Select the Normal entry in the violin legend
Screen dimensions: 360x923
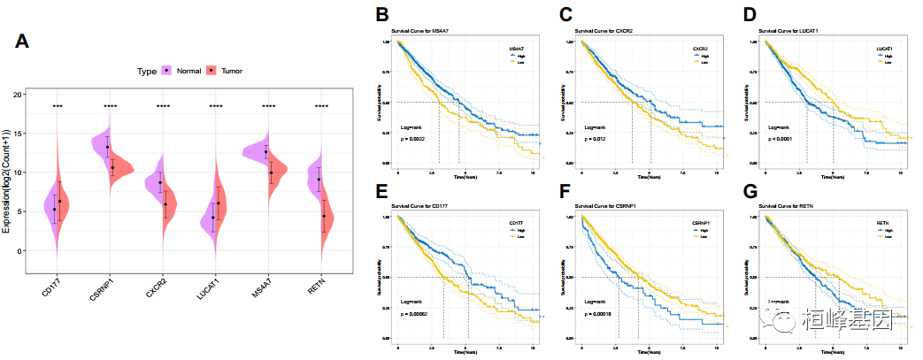[x=188, y=71]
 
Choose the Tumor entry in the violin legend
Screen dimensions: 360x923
[x=231, y=71]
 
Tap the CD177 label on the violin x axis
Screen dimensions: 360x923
[x=49, y=287]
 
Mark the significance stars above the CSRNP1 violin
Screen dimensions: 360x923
[x=110, y=108]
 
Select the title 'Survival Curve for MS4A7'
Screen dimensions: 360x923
[x=424, y=32]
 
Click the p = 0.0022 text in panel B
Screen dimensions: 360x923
[x=420, y=140]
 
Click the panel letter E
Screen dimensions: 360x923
[x=382, y=193]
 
